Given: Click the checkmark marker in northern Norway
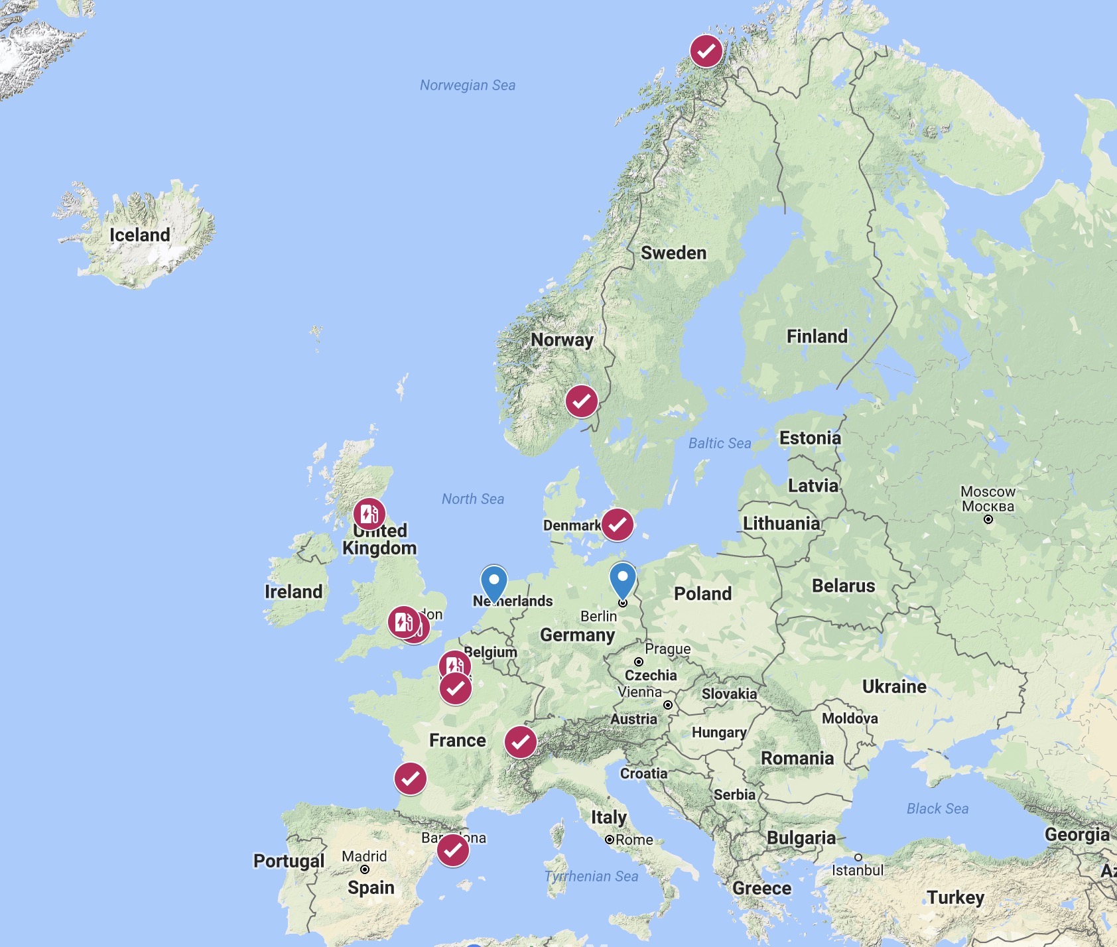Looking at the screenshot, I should point(706,51).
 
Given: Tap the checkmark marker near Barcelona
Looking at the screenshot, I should point(453,850).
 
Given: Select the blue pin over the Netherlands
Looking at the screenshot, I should point(494,582).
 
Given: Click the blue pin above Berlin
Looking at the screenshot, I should point(623,579).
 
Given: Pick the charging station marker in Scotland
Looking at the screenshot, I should point(369,514).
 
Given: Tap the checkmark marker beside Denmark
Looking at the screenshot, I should point(618,525).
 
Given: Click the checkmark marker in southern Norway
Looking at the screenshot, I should point(582,401).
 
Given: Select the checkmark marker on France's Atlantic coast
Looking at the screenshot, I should point(411,779).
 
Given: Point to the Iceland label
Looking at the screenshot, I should point(140,235).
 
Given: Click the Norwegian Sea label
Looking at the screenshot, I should point(468,85).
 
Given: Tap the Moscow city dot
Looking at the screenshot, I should point(988,519).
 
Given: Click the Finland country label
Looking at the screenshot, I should point(817,336).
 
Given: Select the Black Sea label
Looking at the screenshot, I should point(937,808).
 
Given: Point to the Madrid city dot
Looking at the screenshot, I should point(365,869).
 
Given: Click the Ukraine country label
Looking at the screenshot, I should point(894,686).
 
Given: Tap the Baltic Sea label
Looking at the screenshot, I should point(720,443).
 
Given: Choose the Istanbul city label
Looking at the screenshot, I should point(858,870).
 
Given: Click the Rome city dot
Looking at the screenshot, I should point(610,840).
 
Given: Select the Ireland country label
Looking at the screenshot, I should point(293,592).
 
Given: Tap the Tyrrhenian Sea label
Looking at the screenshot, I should point(591,876).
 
